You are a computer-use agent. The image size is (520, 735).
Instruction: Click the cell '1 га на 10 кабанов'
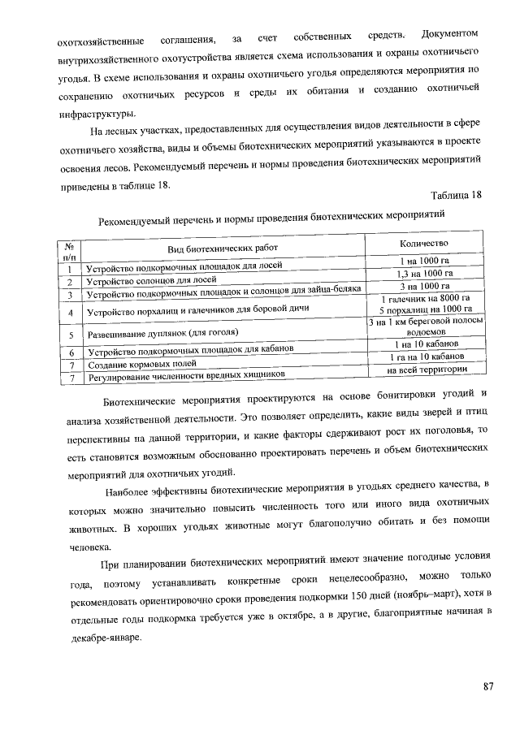pos(426,357)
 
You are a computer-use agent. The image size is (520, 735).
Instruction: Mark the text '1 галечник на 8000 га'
pos(425,298)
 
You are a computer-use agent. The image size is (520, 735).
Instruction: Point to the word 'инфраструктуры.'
pos(93,114)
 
